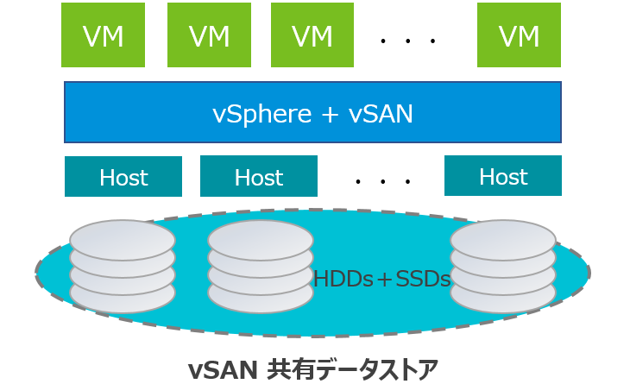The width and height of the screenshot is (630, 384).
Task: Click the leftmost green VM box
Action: coord(103,35)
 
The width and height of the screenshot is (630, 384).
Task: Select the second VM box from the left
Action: coord(209,35)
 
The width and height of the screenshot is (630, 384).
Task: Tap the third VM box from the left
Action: coord(312,35)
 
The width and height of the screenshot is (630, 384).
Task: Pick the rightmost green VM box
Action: coord(519,35)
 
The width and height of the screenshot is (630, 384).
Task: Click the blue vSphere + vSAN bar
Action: coord(312,112)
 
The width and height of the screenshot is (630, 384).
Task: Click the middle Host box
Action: coord(259,177)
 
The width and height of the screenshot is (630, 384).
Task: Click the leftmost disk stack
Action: coord(123,265)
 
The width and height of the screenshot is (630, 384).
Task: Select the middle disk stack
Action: coord(260,265)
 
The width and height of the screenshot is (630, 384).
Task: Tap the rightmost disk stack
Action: coord(502,265)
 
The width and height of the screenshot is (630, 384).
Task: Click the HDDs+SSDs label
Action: coord(381,279)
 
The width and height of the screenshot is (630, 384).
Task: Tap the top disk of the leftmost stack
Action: coord(123,235)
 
